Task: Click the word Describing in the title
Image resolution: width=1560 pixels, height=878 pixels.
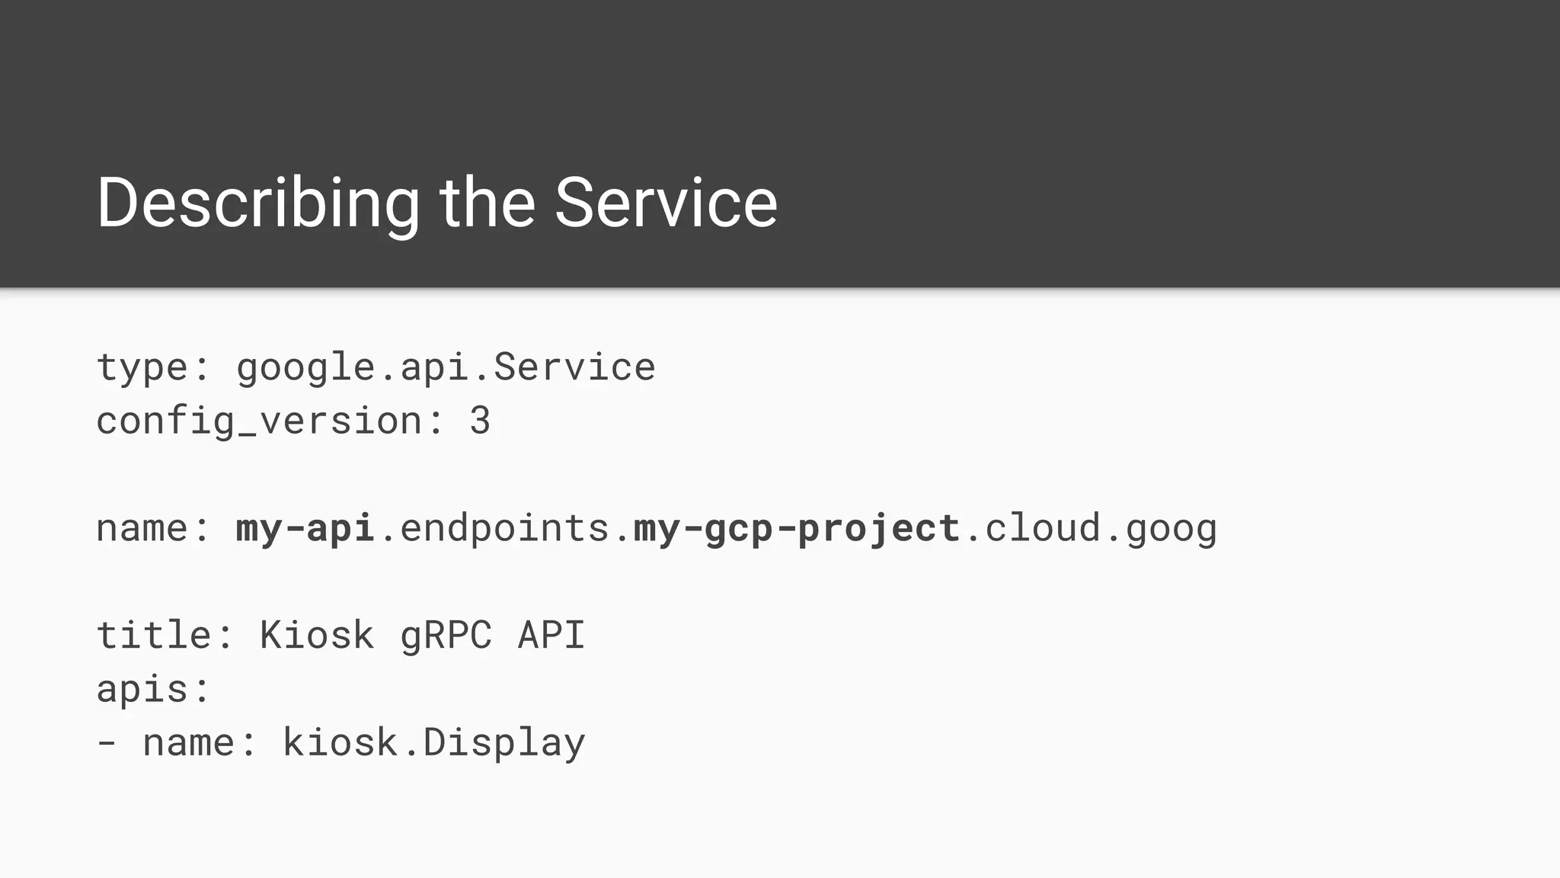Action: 257,203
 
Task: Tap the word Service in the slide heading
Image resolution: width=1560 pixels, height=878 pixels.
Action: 666,203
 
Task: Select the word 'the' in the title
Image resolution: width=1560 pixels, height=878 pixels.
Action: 487,203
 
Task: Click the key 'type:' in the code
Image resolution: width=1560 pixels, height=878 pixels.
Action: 153,367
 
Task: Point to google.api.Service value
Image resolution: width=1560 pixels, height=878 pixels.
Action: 446,367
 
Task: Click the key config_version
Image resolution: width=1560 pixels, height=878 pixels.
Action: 259,421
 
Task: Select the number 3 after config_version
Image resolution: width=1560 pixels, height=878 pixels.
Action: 480,421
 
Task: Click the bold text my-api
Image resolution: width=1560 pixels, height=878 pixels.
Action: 305,528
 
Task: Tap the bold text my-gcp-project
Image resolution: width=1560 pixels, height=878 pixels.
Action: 797,528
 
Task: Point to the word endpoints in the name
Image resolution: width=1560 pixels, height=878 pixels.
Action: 503,528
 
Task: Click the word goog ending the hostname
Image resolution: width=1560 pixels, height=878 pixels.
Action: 1172,528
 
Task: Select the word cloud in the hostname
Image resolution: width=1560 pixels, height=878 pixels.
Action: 1043,528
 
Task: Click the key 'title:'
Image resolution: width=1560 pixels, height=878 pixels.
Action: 165,636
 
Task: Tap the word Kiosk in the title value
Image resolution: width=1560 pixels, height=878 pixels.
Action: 317,636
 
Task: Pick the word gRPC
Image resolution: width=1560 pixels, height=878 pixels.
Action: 446,636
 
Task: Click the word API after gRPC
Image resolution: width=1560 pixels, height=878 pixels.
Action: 551,636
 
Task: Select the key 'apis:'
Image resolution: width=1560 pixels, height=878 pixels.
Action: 153,689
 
